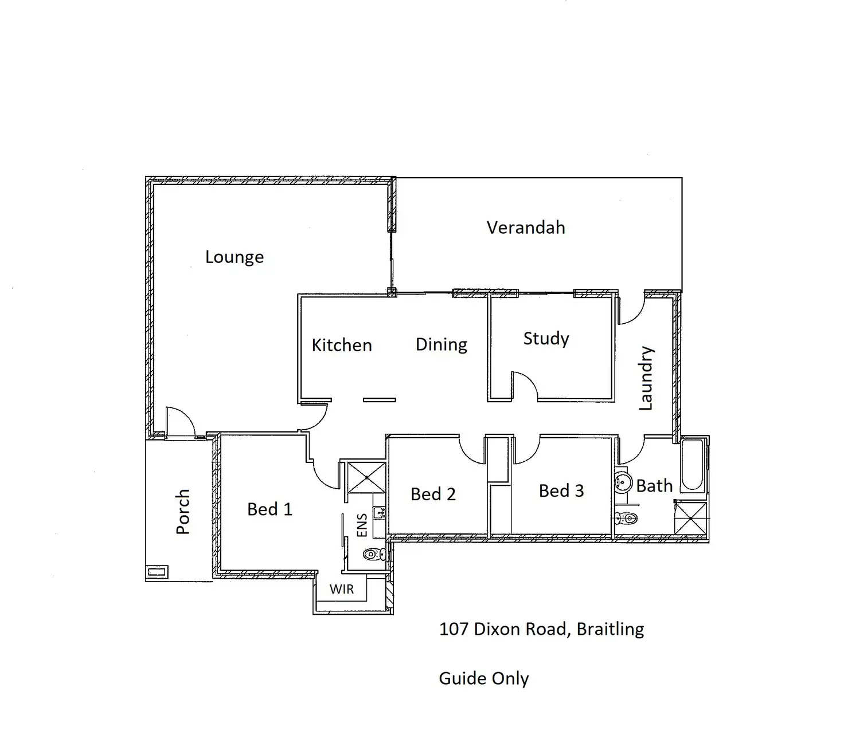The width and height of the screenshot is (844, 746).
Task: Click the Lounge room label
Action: coord(235,257)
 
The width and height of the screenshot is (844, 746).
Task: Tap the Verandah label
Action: coord(526,227)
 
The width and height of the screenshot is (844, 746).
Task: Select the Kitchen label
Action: coord(342,345)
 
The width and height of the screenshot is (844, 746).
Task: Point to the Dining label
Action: coord(441,344)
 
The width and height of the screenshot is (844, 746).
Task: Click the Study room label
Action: coord(546,339)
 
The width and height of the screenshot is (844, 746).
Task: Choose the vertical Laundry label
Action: coord(646,378)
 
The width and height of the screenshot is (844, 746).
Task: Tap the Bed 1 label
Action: coord(269,509)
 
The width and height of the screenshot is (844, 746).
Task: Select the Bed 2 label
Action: coord(433,494)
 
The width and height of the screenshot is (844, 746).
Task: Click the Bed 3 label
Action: coord(561,490)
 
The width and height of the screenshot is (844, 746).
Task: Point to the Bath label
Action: coord(654,486)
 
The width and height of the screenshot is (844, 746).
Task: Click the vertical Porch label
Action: coord(182,511)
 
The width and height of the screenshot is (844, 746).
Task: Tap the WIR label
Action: coord(341,589)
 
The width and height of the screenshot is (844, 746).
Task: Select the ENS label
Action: coord(362,525)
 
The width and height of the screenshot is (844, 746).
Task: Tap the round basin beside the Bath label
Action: coord(623,483)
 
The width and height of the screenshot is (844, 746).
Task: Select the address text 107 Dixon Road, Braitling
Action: coord(541,629)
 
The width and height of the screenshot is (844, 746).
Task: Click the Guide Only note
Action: coord(483,678)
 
